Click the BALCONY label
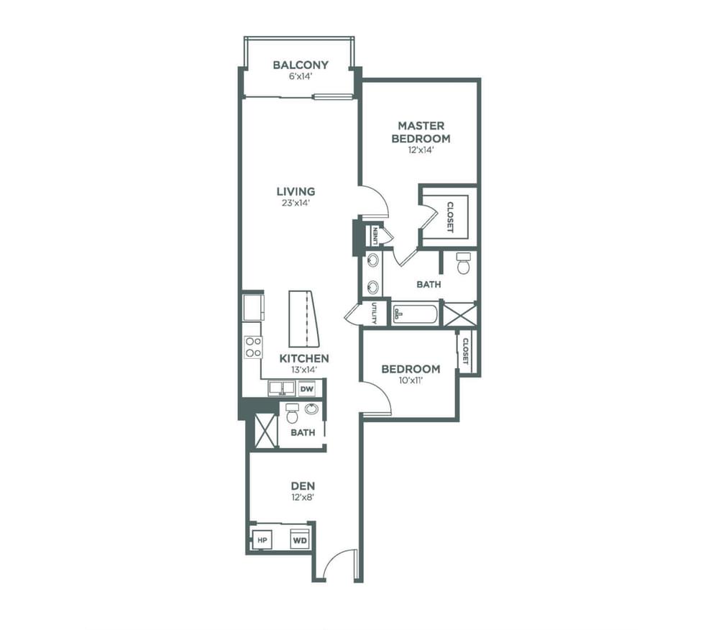point(301,65)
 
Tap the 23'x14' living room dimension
point(296,203)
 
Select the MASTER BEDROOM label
point(421,132)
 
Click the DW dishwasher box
point(307,389)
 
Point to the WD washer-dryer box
point(300,541)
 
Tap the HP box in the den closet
point(262,540)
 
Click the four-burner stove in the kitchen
point(253,347)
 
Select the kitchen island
point(303,319)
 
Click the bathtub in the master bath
point(415,314)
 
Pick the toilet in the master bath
point(464,262)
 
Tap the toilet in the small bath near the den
point(292,413)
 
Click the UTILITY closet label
point(375,313)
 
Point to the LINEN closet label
point(375,234)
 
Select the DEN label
point(303,485)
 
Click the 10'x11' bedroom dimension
point(411,380)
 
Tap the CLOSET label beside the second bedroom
point(465,351)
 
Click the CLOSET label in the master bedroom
point(450,217)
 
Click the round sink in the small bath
point(312,408)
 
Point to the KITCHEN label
point(304,358)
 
